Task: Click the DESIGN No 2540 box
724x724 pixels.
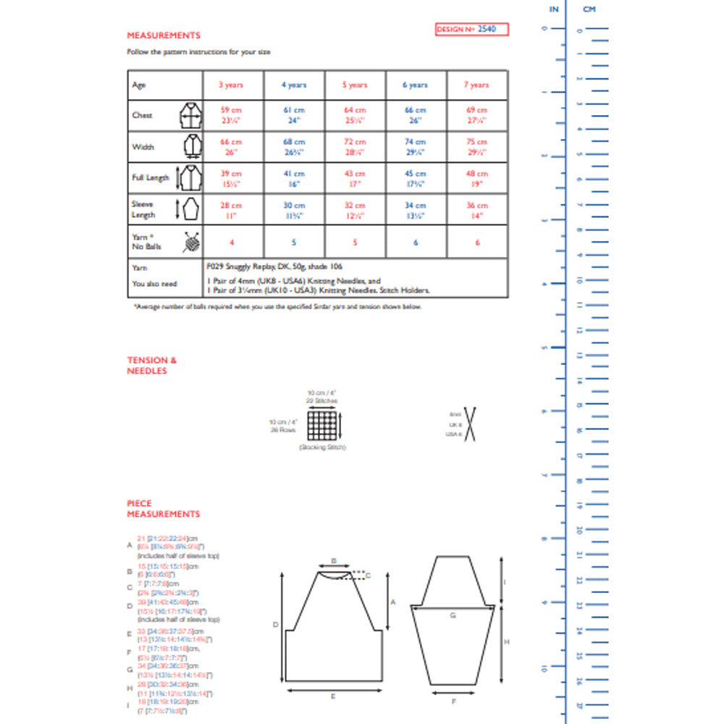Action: coord(472,30)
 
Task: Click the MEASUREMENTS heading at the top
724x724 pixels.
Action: coord(164,35)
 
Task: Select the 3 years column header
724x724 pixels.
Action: coord(231,85)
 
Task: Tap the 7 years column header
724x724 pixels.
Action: coord(476,85)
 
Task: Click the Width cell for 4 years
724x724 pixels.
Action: coord(293,146)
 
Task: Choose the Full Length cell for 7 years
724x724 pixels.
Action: coord(476,178)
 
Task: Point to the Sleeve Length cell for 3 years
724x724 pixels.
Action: coord(231,210)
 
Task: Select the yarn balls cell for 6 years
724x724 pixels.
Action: coord(416,243)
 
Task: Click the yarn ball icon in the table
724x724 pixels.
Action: coord(189,242)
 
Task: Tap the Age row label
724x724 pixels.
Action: coord(139,85)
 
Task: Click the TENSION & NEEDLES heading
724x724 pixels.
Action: coord(151,366)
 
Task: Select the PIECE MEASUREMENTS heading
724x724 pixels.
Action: coord(163,508)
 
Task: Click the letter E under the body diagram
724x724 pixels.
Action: coord(332,696)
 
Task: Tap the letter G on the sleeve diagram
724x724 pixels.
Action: coord(452,615)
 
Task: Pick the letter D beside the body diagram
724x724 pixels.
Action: coord(276,623)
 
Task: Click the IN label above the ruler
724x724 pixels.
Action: coord(554,9)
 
